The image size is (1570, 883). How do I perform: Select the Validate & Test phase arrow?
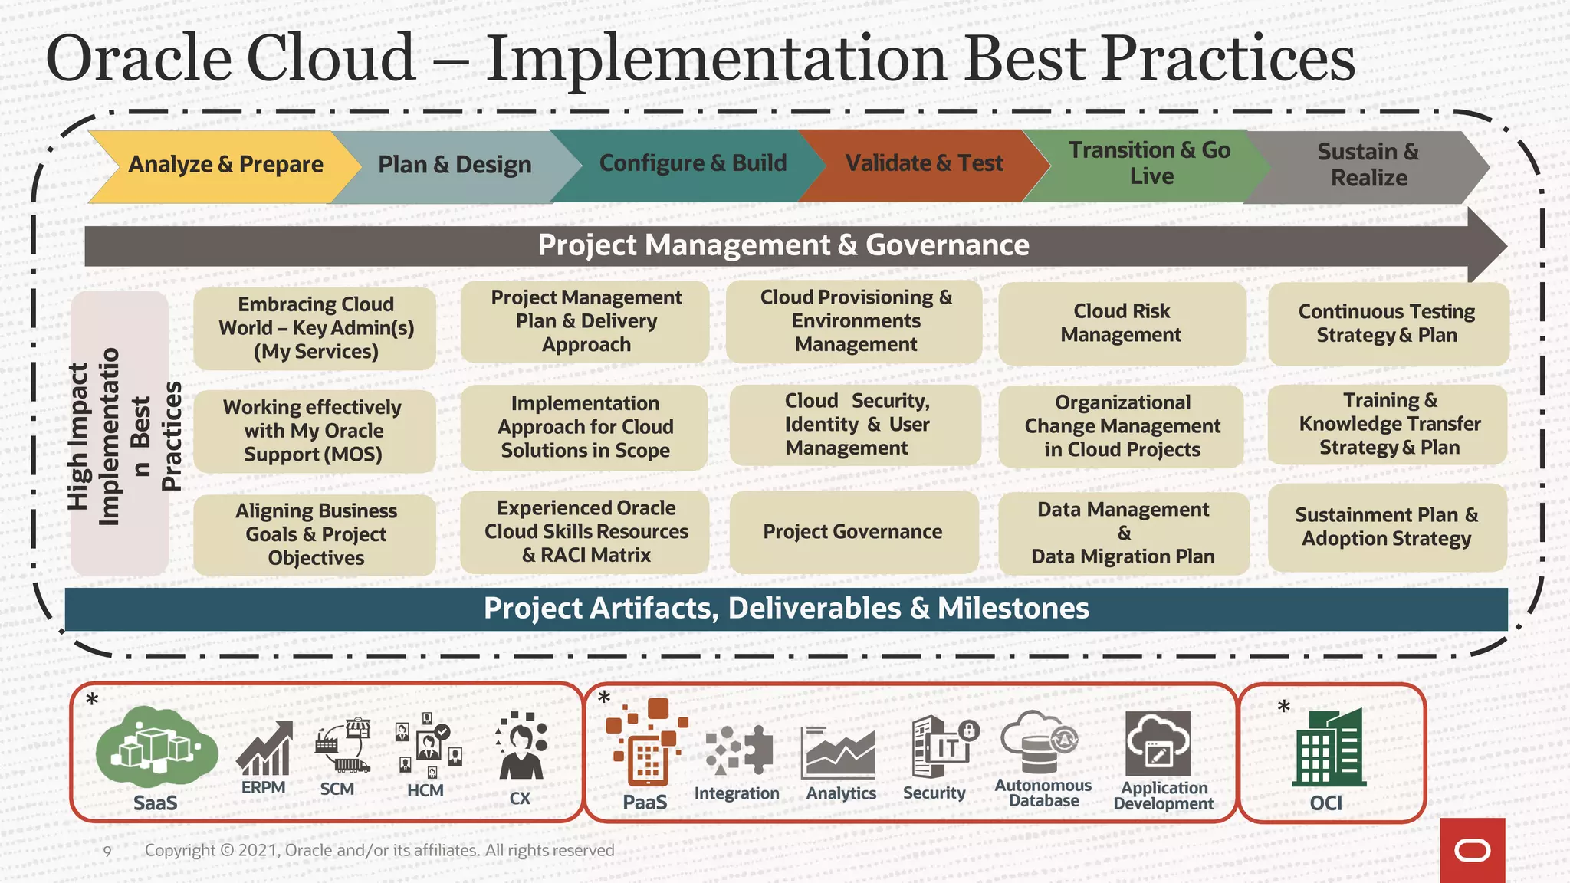(924, 164)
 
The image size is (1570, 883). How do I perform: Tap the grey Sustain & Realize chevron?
(1368, 166)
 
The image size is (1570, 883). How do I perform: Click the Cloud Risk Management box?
(1121, 323)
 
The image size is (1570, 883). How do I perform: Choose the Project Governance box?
(852, 532)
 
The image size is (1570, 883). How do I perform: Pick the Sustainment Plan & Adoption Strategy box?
(1386, 527)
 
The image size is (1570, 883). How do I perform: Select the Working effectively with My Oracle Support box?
(313, 431)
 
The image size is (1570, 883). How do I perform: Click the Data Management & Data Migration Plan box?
(1122, 533)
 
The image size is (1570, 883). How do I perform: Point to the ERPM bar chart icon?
(264, 749)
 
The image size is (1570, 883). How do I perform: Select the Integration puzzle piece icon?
(738, 749)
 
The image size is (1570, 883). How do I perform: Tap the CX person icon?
(521, 747)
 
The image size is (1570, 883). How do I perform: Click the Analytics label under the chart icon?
(840, 793)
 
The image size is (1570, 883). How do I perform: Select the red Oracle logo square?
(1472, 850)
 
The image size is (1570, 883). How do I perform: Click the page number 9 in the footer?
(107, 851)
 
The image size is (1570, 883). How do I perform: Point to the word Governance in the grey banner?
(947, 245)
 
